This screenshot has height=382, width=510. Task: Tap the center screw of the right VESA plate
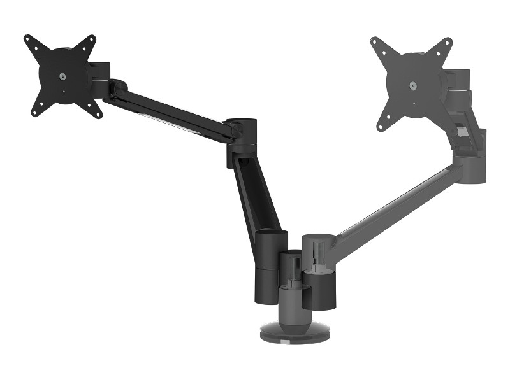(x=412, y=86)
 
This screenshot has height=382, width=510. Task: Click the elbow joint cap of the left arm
(x=242, y=122)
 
